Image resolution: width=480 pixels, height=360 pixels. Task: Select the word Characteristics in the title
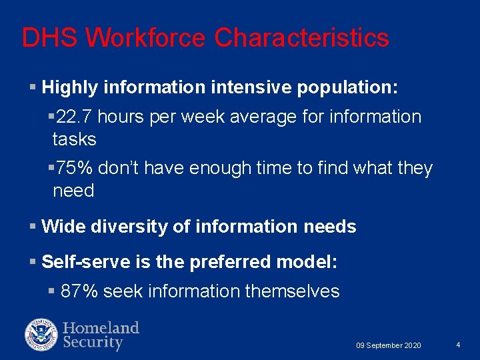[302, 38]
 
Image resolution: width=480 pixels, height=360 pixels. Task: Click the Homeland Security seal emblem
[41, 335]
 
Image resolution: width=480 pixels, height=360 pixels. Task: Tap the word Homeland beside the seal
[101, 327]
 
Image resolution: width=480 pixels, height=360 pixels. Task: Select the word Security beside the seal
[93, 343]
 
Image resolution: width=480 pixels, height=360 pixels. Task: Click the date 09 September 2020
[388, 345]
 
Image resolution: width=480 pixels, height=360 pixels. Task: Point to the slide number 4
[459, 345]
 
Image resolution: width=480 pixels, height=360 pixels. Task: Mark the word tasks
[74, 139]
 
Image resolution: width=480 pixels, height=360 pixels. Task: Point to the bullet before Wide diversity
[33, 227]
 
